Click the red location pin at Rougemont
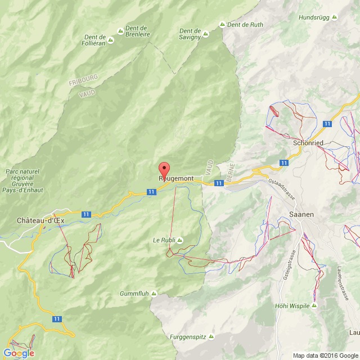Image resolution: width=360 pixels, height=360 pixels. (164, 169)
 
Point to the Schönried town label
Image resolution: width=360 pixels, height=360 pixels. (308, 143)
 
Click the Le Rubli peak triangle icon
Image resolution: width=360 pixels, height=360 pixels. (180, 240)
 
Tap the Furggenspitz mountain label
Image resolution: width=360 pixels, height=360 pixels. (188, 337)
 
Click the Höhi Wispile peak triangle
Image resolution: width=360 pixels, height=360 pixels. (314, 305)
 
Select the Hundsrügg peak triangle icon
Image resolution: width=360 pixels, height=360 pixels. (334, 17)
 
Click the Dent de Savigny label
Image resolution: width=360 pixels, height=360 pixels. (190, 34)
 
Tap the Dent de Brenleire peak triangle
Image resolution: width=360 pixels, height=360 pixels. (120, 31)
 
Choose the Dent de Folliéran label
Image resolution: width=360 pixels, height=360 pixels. (94, 40)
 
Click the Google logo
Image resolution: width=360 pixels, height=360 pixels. (19, 353)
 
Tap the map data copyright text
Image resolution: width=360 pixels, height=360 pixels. (326, 355)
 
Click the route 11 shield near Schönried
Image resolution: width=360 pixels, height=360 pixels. (327, 123)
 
